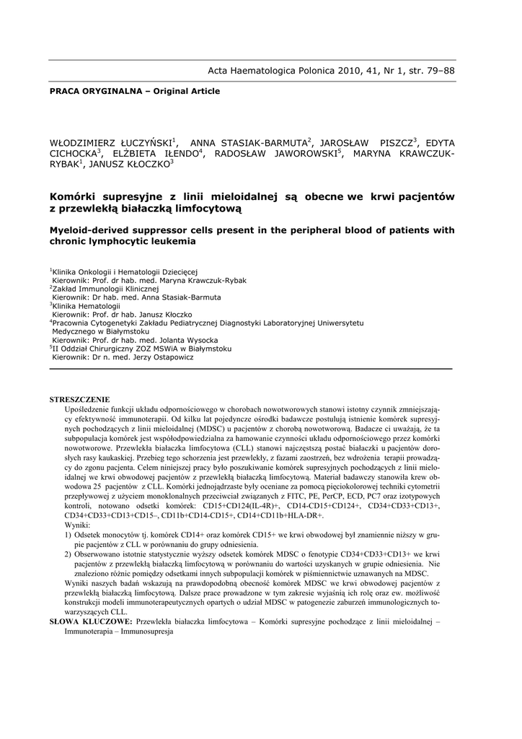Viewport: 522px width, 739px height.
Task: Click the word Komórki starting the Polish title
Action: pos(74,196)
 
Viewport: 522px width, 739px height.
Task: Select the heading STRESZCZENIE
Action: pos(79,399)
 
